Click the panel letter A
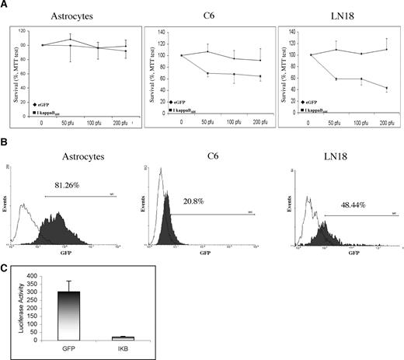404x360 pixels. [x=5, y=5]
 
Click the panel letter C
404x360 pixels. [x=5, y=268]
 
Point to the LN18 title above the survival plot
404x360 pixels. [x=336, y=16]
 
